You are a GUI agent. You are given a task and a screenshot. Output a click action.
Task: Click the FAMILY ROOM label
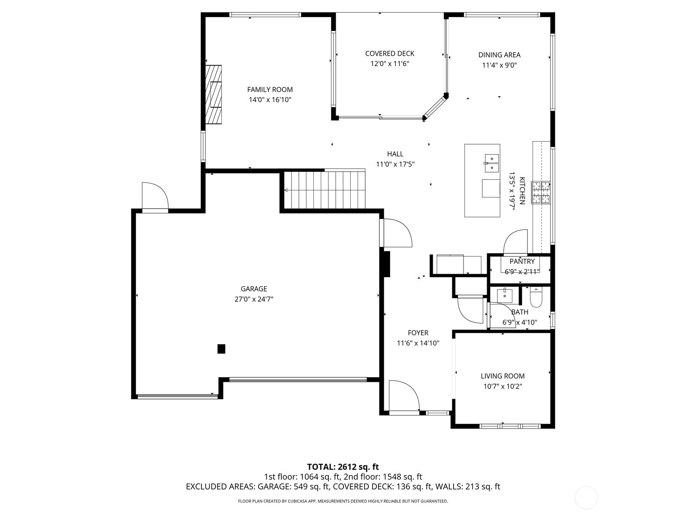[x=270, y=89]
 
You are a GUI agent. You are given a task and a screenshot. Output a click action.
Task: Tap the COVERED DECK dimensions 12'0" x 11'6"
[x=390, y=64]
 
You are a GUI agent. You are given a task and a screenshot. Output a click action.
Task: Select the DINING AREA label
[x=499, y=55]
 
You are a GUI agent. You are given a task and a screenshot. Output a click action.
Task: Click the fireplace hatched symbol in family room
[x=214, y=94]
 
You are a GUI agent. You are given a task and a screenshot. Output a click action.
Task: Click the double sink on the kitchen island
[x=491, y=163]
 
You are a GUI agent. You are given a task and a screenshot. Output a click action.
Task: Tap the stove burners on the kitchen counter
[x=541, y=192]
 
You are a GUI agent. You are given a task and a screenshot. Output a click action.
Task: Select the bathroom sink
[x=505, y=296]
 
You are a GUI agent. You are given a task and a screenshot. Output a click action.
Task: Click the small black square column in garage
[x=221, y=349]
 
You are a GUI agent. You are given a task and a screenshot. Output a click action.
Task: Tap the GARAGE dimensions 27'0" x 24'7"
[x=254, y=300]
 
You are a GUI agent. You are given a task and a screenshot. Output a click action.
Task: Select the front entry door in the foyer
[x=403, y=396]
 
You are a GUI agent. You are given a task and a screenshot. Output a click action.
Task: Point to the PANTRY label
[x=522, y=261]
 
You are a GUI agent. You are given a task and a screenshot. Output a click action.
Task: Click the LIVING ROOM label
[x=502, y=376]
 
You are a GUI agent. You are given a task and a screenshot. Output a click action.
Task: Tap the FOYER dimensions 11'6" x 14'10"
[x=418, y=343]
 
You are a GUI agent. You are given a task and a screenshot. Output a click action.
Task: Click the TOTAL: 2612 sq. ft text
[x=343, y=467]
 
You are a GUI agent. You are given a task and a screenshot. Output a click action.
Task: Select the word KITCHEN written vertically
[x=522, y=191]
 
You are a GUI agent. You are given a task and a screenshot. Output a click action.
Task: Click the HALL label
[x=395, y=154]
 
